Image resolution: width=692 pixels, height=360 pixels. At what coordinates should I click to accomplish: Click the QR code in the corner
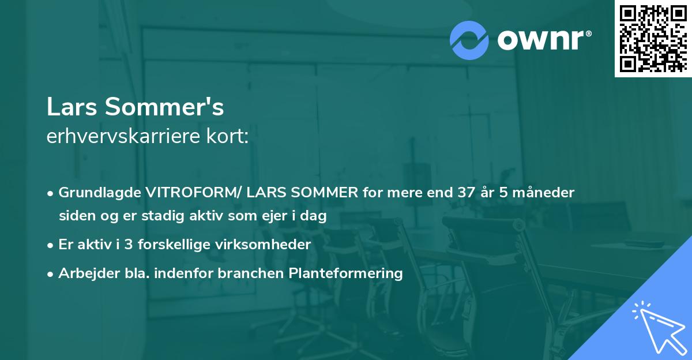pyautogui.click(x=653, y=39)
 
